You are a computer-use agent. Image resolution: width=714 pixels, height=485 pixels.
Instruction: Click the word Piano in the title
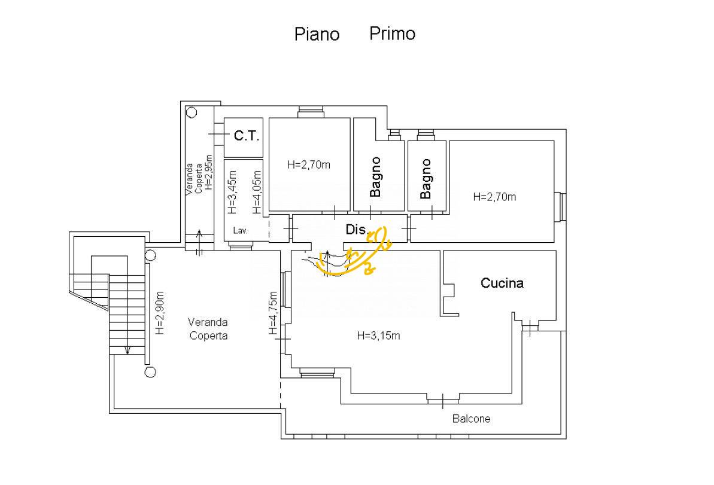(x=317, y=34)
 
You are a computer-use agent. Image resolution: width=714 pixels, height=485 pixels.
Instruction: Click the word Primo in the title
(x=392, y=33)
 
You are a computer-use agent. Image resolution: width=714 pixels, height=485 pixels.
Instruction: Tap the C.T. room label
(x=247, y=136)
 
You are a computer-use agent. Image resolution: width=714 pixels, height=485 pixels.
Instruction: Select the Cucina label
(x=502, y=283)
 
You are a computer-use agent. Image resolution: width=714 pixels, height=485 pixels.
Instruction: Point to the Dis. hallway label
(x=356, y=230)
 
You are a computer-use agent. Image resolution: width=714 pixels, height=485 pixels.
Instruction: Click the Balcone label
(x=471, y=419)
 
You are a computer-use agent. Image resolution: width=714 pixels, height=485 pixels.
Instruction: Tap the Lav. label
(x=241, y=231)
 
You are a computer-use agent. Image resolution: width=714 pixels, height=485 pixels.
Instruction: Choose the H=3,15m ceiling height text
(x=378, y=335)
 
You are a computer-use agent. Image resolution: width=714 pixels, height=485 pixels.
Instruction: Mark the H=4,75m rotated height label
(x=273, y=313)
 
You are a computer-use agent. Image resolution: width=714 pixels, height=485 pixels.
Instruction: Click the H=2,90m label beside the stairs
(x=160, y=313)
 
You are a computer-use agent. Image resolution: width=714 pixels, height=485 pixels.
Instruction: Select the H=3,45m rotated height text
(x=232, y=192)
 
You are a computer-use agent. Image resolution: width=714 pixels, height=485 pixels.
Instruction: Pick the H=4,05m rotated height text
(x=257, y=192)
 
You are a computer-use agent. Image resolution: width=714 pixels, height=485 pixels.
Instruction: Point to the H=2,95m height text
(x=208, y=172)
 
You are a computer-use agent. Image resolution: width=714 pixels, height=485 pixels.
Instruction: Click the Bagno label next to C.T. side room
(x=375, y=177)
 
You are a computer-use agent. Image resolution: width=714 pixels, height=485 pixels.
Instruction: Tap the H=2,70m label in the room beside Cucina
(x=494, y=197)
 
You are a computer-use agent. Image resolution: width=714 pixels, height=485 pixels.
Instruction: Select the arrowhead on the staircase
(x=127, y=350)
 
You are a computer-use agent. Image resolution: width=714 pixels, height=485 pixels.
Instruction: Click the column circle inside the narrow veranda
(x=192, y=112)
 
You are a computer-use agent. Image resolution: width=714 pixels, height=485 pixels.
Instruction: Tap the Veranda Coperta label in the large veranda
(x=208, y=328)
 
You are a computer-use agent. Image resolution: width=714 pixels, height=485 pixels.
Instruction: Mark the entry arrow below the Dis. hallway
(x=327, y=258)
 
